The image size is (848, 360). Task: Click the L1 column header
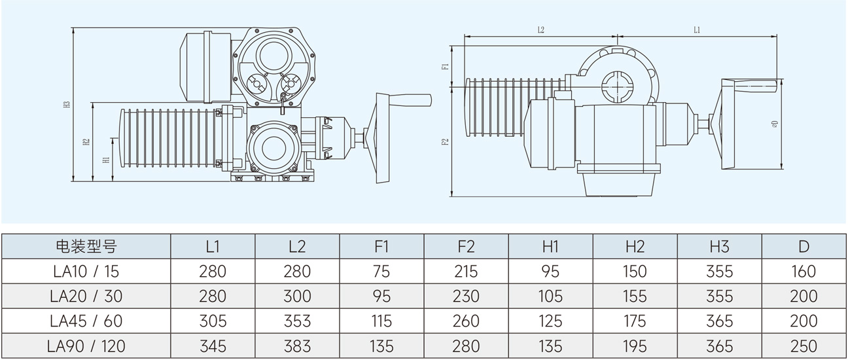coord(212,246)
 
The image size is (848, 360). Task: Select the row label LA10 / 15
coord(85,271)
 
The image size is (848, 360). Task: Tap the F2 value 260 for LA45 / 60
coord(466,321)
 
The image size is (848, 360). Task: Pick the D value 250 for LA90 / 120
coord(804,346)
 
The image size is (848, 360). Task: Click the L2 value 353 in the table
coord(297,321)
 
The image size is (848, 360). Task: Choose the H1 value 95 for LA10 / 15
coord(550,271)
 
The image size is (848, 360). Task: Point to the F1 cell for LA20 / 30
coord(381,296)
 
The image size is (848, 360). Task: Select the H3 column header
coord(719,246)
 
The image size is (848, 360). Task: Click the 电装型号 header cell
coord(85,246)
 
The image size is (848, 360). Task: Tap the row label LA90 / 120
coord(85,346)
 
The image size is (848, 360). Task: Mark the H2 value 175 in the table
coord(635,321)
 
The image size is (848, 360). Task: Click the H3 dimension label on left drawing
coord(67,105)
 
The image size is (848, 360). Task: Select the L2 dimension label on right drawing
coord(541,30)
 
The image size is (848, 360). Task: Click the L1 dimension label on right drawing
coord(696,30)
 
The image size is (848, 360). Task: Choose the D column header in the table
coord(804,246)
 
